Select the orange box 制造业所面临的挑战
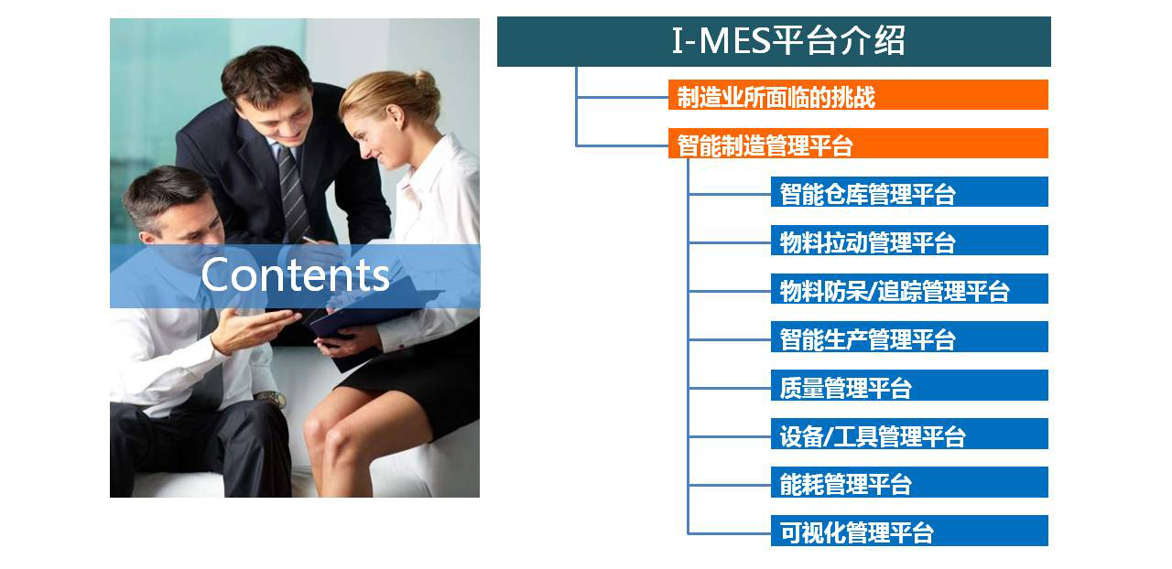(858, 94)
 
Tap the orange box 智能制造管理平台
(858, 144)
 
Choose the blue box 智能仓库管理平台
(909, 192)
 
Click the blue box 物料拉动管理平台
(909, 240)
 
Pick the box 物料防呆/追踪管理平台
(909, 289)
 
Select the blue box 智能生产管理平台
(909, 337)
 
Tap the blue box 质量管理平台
(909, 385)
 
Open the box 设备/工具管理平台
(909, 434)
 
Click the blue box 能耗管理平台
(909, 482)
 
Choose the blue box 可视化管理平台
(909, 531)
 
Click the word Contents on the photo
(296, 274)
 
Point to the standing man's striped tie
(293, 194)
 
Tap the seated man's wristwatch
(271, 399)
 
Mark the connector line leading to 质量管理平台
(730, 388)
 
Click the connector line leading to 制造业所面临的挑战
(622, 97)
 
